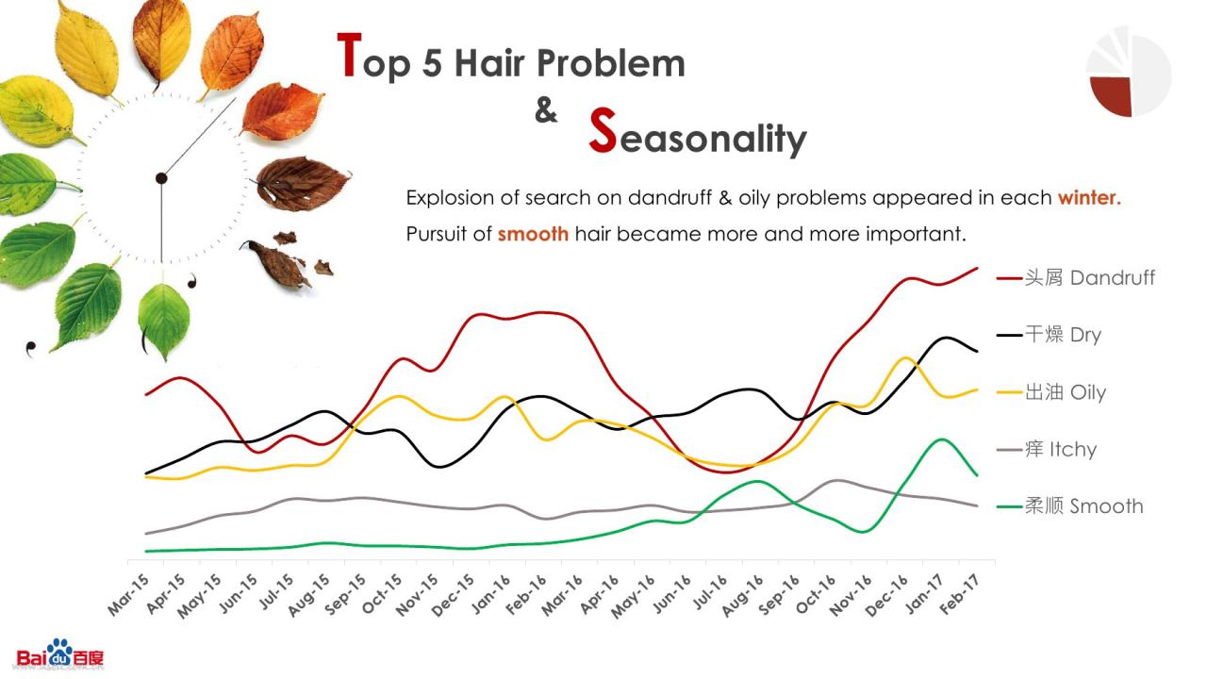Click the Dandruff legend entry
pos(1076,278)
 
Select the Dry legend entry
pos(1049,335)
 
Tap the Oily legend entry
pos(1050,392)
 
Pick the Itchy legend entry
pos(1047,449)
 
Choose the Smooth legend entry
pos(1069,506)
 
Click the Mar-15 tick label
pos(128,594)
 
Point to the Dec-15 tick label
pos(453,594)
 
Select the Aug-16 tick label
pos(742,595)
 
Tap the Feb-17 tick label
pos(959,594)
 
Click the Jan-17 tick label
pos(923,594)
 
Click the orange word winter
pos(1089,198)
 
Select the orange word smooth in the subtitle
pos(533,234)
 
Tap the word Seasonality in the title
pos(698,132)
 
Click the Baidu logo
pos(59,654)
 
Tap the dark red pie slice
pos(1112,95)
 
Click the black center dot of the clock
pos(161,178)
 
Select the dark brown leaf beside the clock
pos(302,183)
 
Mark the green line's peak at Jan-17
pos(941,439)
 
